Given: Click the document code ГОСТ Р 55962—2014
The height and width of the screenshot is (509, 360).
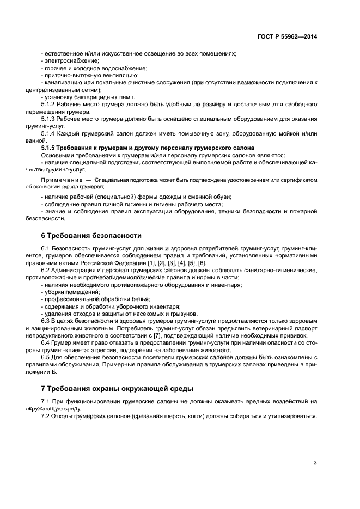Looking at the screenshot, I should coord(287,37).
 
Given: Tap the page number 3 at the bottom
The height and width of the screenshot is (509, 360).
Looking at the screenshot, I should coord(315,463).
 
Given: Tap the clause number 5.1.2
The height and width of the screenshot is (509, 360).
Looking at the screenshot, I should coord(49,103).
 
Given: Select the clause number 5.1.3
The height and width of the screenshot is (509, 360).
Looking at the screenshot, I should coord(49,118).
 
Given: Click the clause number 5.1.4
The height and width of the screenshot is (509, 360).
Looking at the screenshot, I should coord(49,133).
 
